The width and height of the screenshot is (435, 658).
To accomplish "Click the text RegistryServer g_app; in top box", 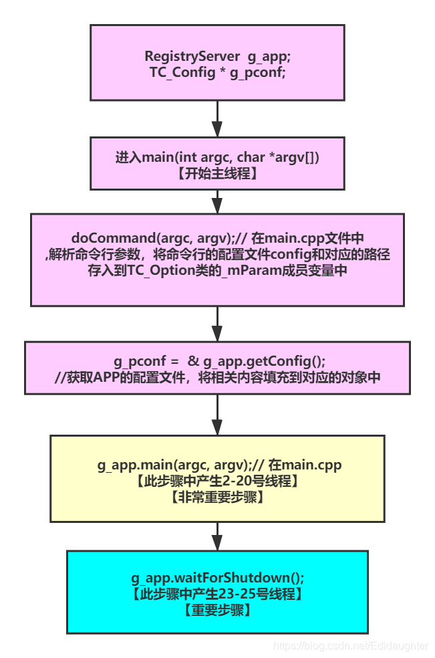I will point(217,56).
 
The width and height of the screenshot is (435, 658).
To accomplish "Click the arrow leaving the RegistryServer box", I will point(216,119).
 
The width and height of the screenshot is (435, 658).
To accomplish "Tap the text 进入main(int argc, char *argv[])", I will point(217,158).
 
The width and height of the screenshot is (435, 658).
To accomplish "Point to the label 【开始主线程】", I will point(217,173).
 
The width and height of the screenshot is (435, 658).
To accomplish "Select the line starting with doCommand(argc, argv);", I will point(217,239).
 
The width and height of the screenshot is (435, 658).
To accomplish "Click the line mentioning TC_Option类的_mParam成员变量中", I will point(217,269).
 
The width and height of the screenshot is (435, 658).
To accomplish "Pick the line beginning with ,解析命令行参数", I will point(217,254).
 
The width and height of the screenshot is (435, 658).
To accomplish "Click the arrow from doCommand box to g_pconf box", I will point(216,324).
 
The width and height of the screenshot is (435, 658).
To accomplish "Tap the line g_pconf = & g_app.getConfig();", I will point(217,361).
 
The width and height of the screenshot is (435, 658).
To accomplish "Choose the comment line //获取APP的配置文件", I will point(217,377).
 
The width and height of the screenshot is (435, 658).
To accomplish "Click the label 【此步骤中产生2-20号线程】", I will point(217,481).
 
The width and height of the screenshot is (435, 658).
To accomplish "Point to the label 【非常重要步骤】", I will point(217,496).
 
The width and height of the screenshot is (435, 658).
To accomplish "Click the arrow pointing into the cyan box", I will point(216,536).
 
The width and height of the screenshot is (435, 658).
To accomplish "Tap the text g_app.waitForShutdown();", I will point(217,577).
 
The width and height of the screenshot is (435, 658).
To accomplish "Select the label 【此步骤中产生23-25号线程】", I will point(217,593).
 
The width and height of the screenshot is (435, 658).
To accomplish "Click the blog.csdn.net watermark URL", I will point(351,646).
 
